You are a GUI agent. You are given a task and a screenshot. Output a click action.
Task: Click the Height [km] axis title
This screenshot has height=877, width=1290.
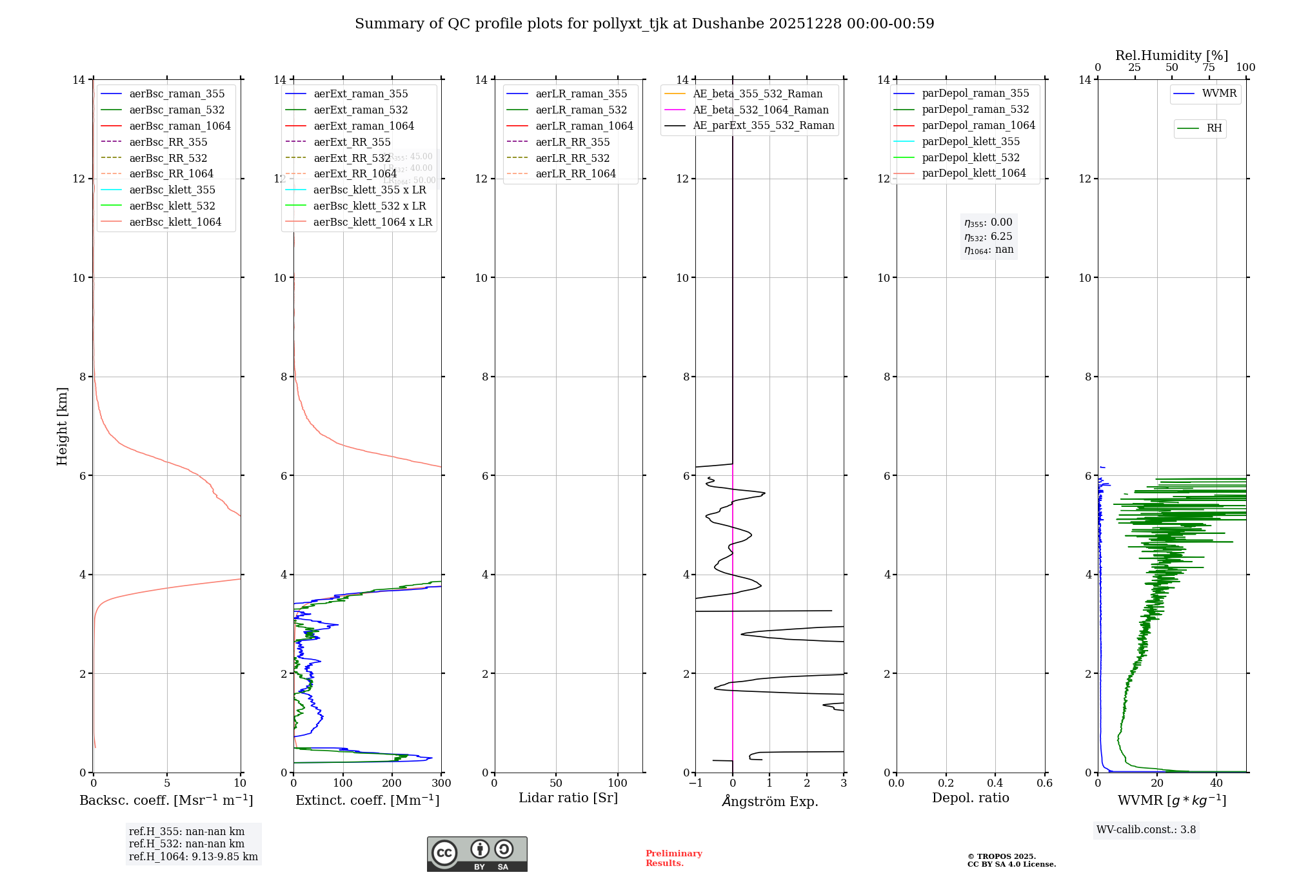(x=62, y=426)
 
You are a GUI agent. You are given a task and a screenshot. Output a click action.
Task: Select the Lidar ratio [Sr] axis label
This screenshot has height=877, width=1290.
(x=568, y=798)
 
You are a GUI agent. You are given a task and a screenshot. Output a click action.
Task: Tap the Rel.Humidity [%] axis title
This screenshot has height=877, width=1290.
(x=1171, y=55)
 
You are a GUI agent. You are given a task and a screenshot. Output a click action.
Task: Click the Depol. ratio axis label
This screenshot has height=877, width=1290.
(x=970, y=798)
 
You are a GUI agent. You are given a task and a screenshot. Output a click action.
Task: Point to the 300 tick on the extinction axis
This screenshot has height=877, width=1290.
(x=442, y=783)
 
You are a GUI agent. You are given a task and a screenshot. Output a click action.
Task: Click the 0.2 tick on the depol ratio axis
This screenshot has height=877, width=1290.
(x=946, y=783)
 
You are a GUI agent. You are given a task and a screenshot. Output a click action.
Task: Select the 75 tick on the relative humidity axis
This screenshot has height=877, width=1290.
(x=1209, y=68)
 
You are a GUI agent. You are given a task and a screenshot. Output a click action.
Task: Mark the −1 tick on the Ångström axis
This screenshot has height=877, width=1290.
(x=695, y=783)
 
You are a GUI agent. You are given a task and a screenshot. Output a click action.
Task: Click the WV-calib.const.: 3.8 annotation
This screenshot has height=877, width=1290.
(x=1146, y=830)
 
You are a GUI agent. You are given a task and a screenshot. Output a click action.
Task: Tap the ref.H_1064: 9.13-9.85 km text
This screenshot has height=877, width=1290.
(x=193, y=857)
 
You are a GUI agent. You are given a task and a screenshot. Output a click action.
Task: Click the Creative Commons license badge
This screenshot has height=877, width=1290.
(x=477, y=854)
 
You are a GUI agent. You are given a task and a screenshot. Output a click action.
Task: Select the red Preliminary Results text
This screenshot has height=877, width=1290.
(x=673, y=858)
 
